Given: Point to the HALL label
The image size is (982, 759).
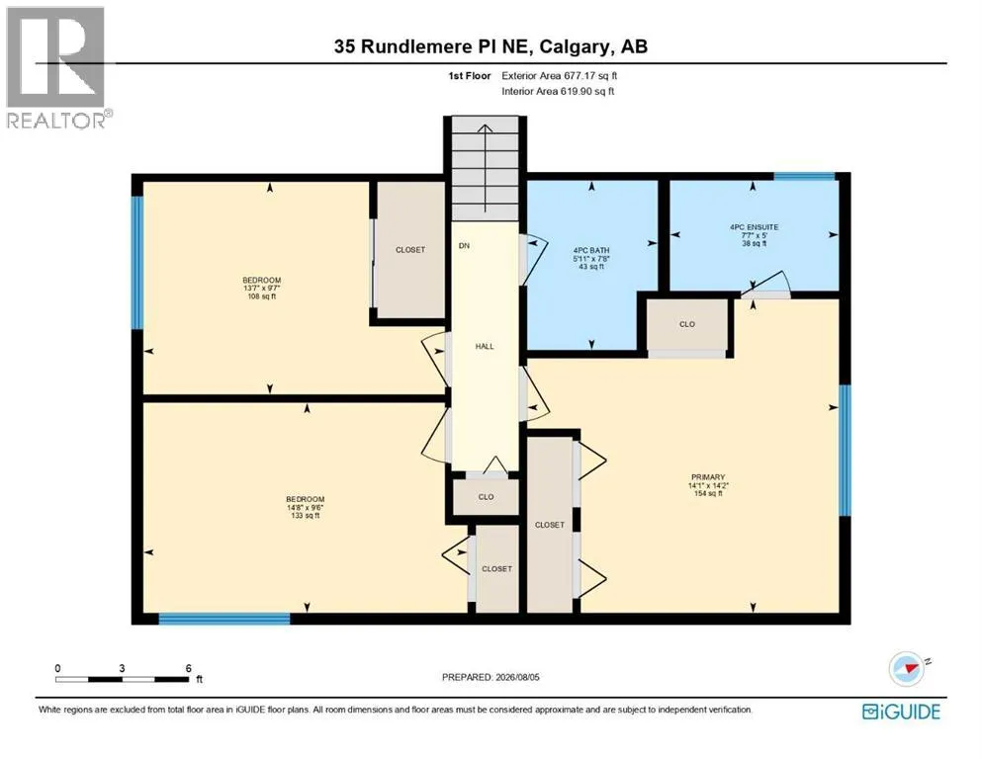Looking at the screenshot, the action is pyautogui.click(x=485, y=346).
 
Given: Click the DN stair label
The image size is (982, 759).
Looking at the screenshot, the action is pyautogui.click(x=464, y=246).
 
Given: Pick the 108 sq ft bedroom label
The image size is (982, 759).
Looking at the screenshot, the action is pyautogui.click(x=262, y=288).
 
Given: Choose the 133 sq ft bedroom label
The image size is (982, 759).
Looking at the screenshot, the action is pyautogui.click(x=306, y=507).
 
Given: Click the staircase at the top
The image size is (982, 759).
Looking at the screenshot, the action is pyautogui.click(x=486, y=169).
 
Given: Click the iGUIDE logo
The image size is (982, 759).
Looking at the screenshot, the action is pyautogui.click(x=901, y=712).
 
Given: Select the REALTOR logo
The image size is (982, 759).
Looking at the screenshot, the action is pyautogui.click(x=57, y=67).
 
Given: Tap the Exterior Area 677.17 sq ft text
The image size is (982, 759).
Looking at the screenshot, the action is pyautogui.click(x=560, y=76).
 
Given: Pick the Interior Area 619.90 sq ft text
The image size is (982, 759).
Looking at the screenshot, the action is pyautogui.click(x=558, y=91).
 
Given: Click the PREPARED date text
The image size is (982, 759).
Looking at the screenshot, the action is pyautogui.click(x=491, y=677).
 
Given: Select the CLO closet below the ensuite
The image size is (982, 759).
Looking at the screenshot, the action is pyautogui.click(x=687, y=324).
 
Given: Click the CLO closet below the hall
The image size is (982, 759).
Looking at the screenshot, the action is pyautogui.click(x=486, y=497).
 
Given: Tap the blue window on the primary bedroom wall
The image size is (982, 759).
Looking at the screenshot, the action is pyautogui.click(x=845, y=450).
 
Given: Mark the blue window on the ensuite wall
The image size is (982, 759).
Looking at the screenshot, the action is pyautogui.click(x=804, y=177).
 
